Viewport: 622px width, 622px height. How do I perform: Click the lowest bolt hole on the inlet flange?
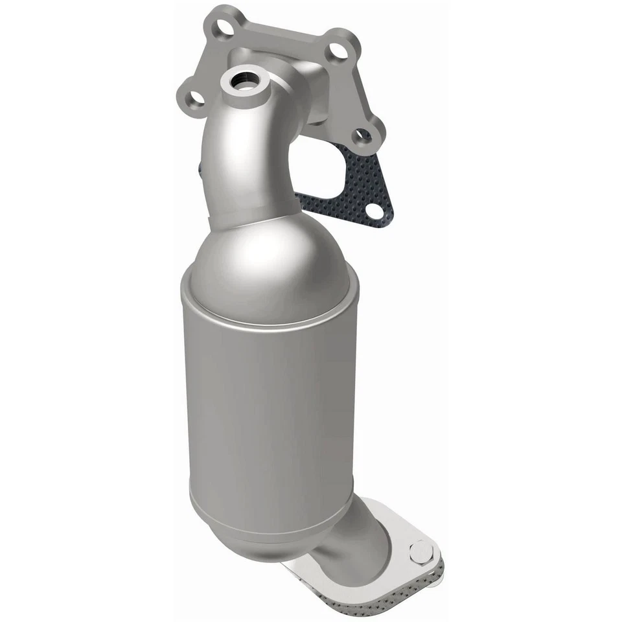[x=363, y=136]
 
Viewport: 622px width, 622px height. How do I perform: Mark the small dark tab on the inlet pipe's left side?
[x=200, y=170]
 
